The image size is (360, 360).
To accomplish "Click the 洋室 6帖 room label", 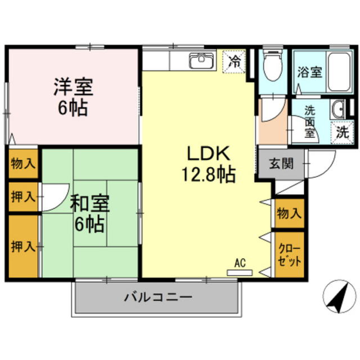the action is pyautogui.click(x=73, y=97).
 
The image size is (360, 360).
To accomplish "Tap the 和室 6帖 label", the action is pyautogui.click(x=90, y=213).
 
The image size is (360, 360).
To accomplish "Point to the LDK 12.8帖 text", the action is pyautogui.click(x=209, y=164).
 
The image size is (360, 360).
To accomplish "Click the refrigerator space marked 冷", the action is pyautogui.click(x=234, y=61).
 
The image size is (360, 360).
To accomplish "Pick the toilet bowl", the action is pyautogui.click(x=273, y=66).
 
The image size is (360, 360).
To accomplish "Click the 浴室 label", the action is pyautogui.click(x=310, y=73).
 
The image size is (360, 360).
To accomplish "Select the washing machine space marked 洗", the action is pyautogui.click(x=342, y=133).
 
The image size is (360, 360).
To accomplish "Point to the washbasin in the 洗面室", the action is pyautogui.click(x=337, y=110).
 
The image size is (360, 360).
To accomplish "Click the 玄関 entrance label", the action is pyautogui.click(x=281, y=164).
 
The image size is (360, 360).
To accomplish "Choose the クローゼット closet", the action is pyautogui.click(x=290, y=255).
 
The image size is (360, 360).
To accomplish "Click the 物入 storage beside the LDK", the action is pyautogui.click(x=290, y=213).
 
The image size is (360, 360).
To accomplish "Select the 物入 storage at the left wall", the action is pyautogui.click(x=23, y=164).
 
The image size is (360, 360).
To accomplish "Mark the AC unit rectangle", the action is pyautogui.click(x=240, y=272).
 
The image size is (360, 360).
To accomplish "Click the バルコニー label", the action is pyautogui.click(x=158, y=298).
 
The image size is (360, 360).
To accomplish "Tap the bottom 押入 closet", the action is pyautogui.click(x=23, y=246).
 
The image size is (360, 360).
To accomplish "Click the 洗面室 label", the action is pyautogui.click(x=310, y=123).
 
